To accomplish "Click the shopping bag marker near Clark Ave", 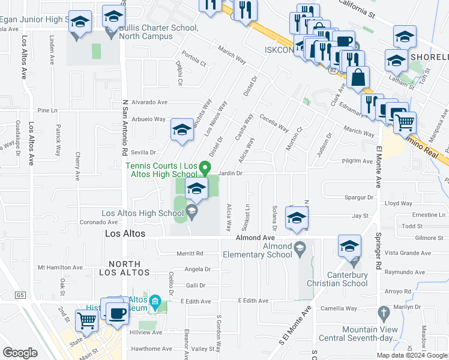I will pyautogui.click(x=358, y=78).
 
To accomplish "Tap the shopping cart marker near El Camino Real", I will pyautogui.click(x=406, y=122).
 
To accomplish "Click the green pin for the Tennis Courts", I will pyautogui.click(x=205, y=167).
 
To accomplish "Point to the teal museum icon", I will pyautogui.click(x=155, y=301).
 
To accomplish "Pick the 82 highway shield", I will pyautogui.click(x=333, y=70).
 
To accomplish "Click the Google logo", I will pyautogui.click(x=20, y=352).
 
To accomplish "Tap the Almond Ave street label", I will pyautogui.click(x=255, y=238).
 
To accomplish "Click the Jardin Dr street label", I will pyautogui.click(x=230, y=173).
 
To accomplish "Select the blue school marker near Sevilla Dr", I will pyautogui.click(x=182, y=130).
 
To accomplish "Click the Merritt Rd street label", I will pyautogui.click(x=190, y=254).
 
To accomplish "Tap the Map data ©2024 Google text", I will pyautogui.click(x=411, y=355).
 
